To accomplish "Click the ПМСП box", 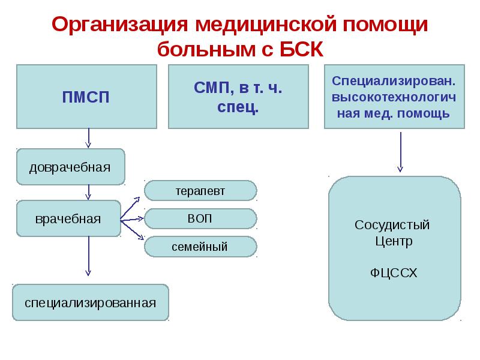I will (x=86, y=97).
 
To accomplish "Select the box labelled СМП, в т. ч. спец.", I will (x=238, y=97).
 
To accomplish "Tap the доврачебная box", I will (x=70, y=166).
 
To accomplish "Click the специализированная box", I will (x=91, y=302).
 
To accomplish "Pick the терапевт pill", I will (x=200, y=191).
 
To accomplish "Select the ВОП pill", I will (x=200, y=218).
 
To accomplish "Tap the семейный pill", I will (x=200, y=247).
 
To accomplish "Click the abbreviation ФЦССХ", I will (x=392, y=274).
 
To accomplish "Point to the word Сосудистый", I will (x=392, y=226).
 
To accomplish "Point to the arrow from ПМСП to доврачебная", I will (x=89, y=137).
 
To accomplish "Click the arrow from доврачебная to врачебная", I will (x=89, y=192).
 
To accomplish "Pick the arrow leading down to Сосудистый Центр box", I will (x=400, y=152).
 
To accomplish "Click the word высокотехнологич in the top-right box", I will (x=394, y=97).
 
